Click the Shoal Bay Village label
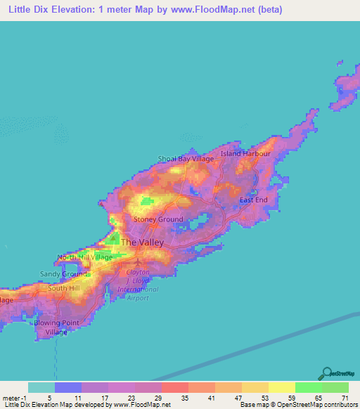(186, 159)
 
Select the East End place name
(253, 200)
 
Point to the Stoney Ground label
(159, 219)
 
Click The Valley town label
(142, 242)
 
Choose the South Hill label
(64, 288)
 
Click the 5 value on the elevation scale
(68, 398)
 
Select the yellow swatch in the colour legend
(281, 387)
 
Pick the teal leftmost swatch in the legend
(41, 387)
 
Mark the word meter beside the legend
(13, 398)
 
